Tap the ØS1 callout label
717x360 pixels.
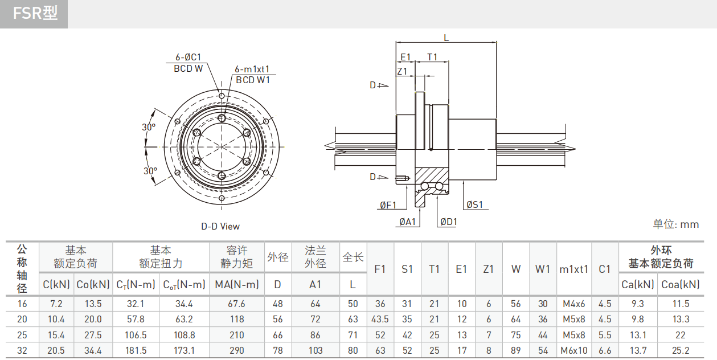(x=474, y=204)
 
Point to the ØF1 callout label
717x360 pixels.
(x=388, y=205)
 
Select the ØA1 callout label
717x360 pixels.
(x=407, y=222)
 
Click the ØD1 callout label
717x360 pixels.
(x=448, y=222)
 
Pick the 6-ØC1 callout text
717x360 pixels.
(x=188, y=57)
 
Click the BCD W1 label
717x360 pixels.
(x=253, y=80)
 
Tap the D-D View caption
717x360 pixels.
(x=220, y=227)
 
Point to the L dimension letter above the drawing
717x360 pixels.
(x=446, y=38)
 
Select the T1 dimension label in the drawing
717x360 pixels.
(x=432, y=57)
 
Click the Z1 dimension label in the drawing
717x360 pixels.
(x=402, y=71)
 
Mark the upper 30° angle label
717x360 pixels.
(x=149, y=127)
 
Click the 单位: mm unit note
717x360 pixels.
(x=675, y=224)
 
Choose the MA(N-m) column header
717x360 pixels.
(x=237, y=284)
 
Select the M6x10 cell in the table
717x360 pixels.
(x=574, y=350)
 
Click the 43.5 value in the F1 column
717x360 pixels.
(x=380, y=319)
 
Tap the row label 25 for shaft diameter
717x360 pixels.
(x=22, y=335)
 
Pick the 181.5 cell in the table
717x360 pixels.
(x=136, y=350)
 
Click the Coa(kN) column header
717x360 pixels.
(x=681, y=284)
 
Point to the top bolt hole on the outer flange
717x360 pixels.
(x=222, y=96)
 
